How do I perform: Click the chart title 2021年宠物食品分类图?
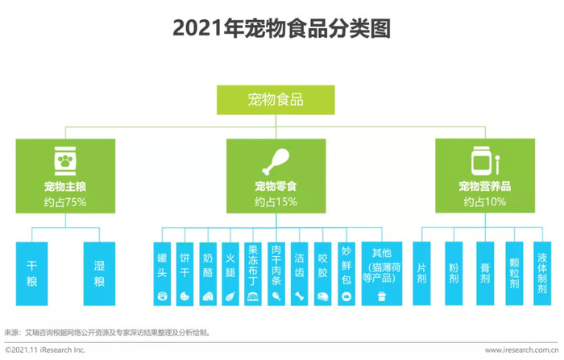pos(282,28)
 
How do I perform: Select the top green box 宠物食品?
pos(276,100)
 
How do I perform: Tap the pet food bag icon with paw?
pos(65,161)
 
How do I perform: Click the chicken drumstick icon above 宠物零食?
pos(276,162)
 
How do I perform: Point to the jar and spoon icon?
pos(485,161)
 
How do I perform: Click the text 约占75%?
pos(65,202)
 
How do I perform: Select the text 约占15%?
pos(276,202)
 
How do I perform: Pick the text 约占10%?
pos(485,202)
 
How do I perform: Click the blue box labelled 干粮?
pos(31,274)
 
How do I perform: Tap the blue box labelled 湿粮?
pos(99,274)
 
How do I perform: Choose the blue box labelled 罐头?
pos(162,274)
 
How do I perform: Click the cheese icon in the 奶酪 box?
pos(208,296)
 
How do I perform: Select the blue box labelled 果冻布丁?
pos(253,274)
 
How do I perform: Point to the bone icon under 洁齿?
pos(299,296)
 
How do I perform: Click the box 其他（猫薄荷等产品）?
pos(382,274)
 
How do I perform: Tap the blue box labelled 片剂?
pos(421,274)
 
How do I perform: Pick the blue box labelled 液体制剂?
pos(542,274)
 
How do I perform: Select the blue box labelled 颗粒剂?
pos(514,274)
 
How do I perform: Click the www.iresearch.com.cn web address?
pos(521,350)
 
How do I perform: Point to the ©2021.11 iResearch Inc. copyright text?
pos(45,350)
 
